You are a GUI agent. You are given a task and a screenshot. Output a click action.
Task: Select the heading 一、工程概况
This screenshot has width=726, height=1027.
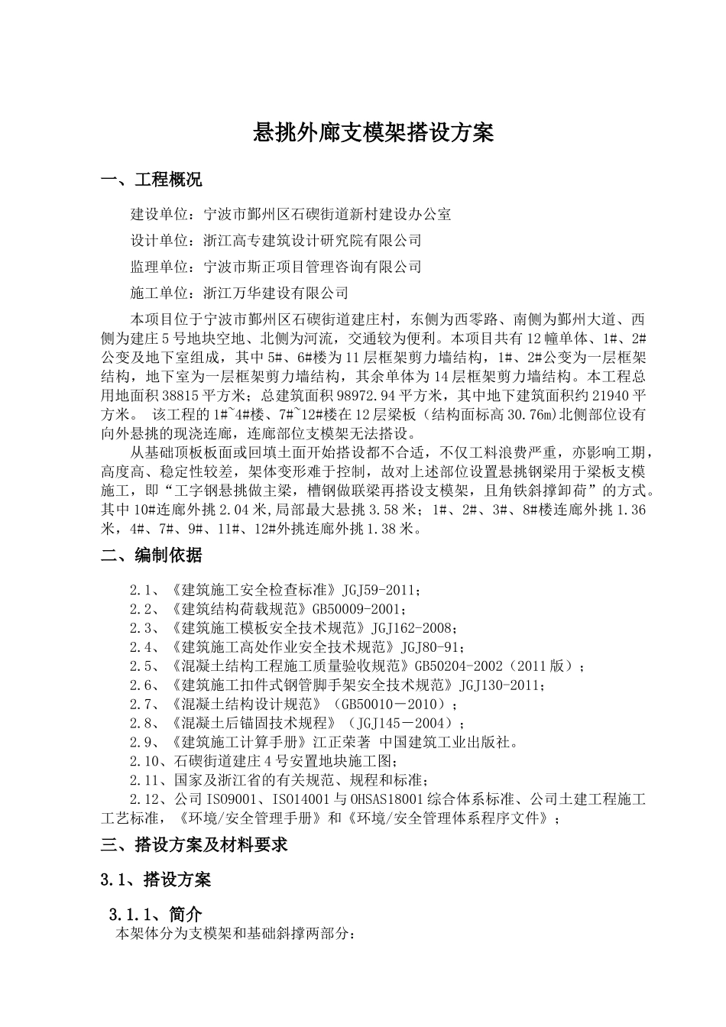coord(151,180)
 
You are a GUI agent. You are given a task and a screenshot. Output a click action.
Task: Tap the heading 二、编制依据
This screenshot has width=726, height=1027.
coord(151,556)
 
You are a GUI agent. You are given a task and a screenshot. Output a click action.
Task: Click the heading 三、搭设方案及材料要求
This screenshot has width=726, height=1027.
coord(194,844)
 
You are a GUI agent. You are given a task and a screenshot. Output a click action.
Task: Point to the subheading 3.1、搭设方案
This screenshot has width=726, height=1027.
coord(156,880)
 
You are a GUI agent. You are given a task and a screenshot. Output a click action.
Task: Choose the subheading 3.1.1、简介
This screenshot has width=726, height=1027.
coord(156,914)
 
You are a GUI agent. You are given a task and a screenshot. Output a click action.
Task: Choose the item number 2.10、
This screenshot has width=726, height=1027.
coord(148,761)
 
